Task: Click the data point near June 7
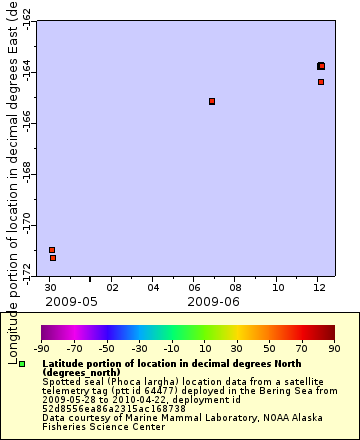tap(212, 101)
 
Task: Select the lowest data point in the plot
tap(53, 258)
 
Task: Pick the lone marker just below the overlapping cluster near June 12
tap(321, 82)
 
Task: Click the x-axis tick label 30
tap(51, 287)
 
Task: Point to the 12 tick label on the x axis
tap(318, 287)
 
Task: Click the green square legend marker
tap(22, 362)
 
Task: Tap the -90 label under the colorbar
tap(42, 349)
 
